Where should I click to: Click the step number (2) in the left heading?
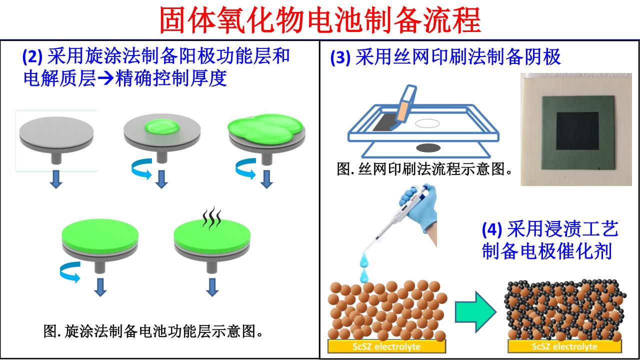click(x=33, y=56)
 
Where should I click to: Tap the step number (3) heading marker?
click(x=340, y=58)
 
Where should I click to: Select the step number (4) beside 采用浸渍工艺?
click(x=492, y=230)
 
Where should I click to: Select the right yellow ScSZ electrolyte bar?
click(x=564, y=346)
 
